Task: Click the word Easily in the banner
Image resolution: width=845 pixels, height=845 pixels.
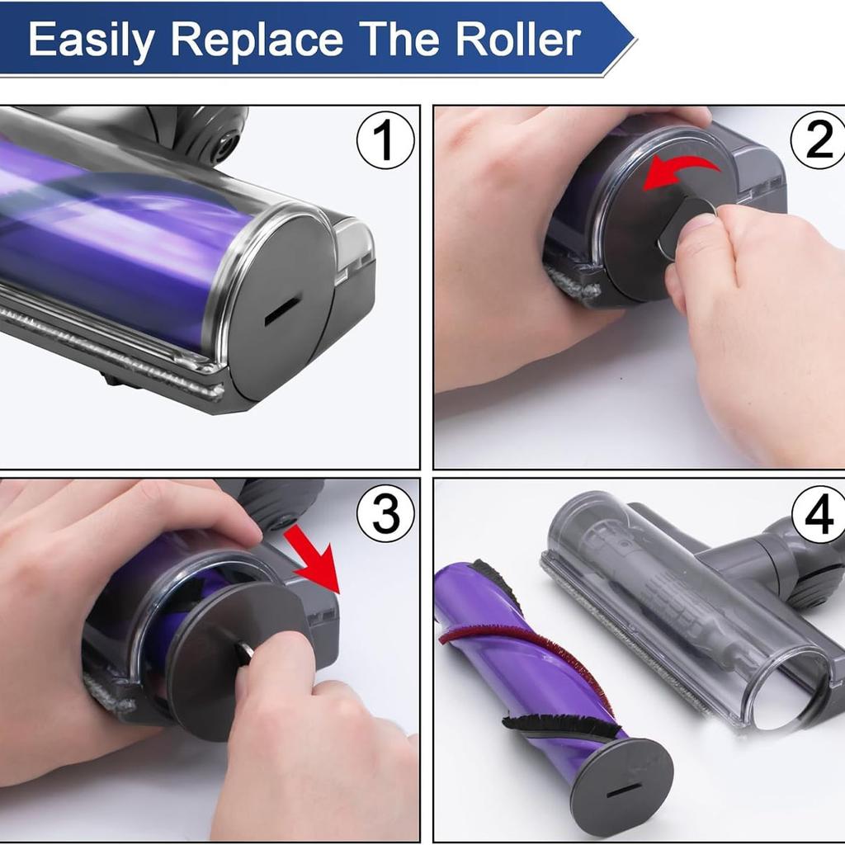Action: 92,40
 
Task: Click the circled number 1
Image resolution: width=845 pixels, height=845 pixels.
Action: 385,140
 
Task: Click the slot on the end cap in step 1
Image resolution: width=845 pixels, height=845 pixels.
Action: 282,311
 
